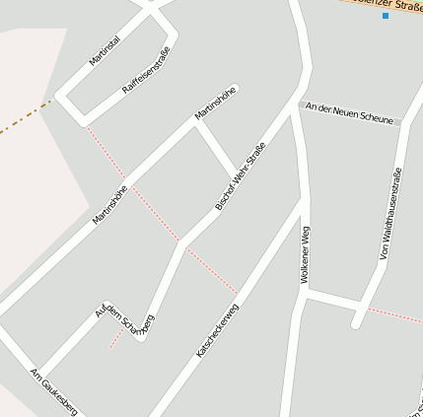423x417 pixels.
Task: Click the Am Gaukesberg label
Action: [x=52, y=391]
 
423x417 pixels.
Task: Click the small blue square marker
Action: [x=386, y=16]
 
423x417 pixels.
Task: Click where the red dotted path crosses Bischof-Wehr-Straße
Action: [x=181, y=242]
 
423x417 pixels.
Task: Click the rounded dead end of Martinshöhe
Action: [x=235, y=90]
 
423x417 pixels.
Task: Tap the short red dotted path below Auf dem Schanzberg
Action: [x=116, y=337]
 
